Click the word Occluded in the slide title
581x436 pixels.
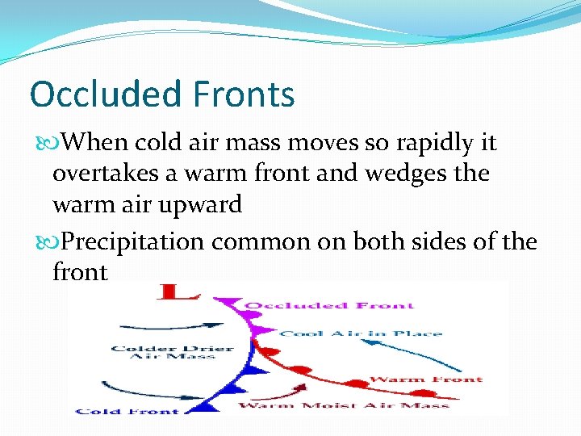click(x=102, y=94)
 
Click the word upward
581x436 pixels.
click(x=203, y=204)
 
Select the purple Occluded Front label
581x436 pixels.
click(x=329, y=305)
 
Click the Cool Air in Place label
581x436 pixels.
click(x=361, y=333)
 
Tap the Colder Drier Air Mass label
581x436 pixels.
click(x=173, y=354)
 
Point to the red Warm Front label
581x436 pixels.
click(x=425, y=379)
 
